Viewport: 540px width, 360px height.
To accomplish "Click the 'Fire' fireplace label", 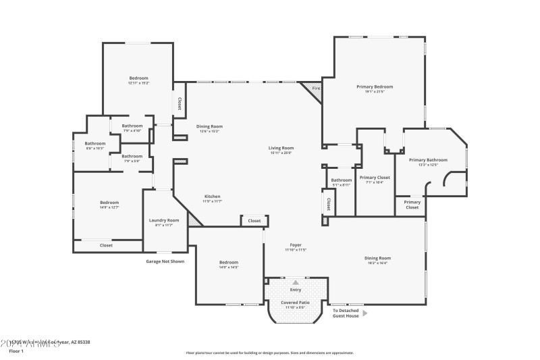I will tap(316, 88).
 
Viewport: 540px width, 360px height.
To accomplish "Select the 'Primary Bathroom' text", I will tap(428, 159).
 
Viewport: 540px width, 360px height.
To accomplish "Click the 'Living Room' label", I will tap(281, 147).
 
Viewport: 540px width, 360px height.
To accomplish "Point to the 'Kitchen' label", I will tap(213, 197).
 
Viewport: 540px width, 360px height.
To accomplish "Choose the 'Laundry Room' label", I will tap(164, 220).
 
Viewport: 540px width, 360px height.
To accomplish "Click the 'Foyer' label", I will tap(296, 245).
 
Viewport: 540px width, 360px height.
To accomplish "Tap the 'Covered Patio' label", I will tap(295, 303).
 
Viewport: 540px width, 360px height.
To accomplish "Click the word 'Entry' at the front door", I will tap(296, 290).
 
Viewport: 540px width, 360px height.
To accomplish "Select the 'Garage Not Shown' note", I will tap(165, 261).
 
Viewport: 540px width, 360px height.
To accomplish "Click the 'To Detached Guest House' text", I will tap(346, 313).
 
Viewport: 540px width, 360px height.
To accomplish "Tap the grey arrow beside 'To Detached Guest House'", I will tap(365, 313).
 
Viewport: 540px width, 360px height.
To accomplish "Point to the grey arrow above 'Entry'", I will tap(296, 282).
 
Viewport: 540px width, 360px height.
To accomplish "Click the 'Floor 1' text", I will tap(16, 351).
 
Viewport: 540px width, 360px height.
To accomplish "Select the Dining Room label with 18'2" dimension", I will tap(378, 258).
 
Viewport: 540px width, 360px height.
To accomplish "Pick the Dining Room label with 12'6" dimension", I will tap(209, 126).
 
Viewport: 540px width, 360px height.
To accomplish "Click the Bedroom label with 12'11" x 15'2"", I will tap(138, 78).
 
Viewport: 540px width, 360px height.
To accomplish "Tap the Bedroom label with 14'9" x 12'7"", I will tap(109, 203).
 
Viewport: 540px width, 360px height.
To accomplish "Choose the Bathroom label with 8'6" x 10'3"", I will tap(95, 143).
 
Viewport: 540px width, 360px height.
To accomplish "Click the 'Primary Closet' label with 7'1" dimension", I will tap(375, 178).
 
